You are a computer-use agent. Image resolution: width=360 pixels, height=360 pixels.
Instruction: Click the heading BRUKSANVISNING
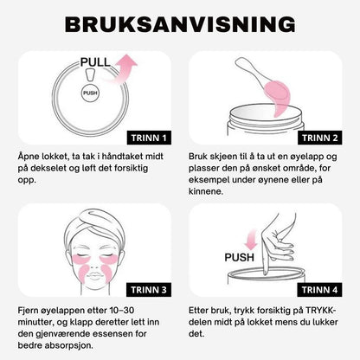click(x=180, y=24)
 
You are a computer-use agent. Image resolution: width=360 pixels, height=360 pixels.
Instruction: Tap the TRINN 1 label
click(x=149, y=138)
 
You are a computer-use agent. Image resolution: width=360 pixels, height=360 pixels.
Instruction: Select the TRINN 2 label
click(x=319, y=138)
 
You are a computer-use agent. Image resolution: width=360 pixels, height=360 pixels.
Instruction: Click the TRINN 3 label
click(x=149, y=290)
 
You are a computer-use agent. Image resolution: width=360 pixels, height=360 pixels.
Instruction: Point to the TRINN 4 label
click(x=319, y=290)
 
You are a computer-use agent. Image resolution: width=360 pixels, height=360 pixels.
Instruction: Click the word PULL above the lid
click(x=95, y=62)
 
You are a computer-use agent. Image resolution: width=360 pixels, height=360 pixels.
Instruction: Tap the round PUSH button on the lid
click(x=90, y=93)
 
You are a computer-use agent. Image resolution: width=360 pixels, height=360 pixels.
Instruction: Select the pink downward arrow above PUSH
click(x=251, y=239)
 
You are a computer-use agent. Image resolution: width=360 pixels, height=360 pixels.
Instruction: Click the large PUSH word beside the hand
click(x=239, y=257)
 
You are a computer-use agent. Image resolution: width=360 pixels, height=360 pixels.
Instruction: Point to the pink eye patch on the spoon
click(x=277, y=97)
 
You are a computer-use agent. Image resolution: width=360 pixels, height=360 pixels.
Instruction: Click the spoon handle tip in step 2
click(x=238, y=61)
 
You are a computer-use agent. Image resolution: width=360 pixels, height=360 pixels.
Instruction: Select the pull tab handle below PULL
click(x=90, y=75)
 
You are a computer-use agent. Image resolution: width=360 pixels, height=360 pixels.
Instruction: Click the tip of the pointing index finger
click(x=265, y=273)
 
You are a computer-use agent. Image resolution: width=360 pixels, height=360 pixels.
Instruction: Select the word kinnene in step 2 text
click(x=206, y=191)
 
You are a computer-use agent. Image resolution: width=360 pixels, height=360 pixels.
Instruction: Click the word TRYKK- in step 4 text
click(x=321, y=311)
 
